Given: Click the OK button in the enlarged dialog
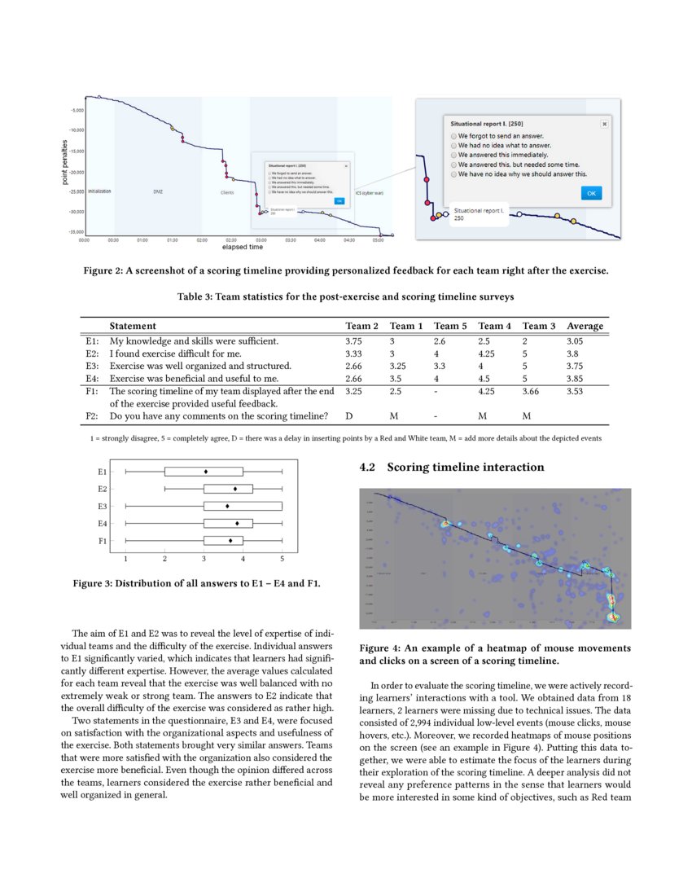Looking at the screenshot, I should point(591,193).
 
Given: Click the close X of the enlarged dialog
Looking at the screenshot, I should point(604,124).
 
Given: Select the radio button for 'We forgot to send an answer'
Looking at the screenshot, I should point(453,135).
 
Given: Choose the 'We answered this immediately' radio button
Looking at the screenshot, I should point(453,155).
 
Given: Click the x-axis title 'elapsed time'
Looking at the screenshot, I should point(239,248).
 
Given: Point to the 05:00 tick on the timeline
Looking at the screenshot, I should point(379,241).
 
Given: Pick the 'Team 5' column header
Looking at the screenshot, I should point(450,326).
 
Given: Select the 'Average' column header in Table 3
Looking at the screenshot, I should point(585,326).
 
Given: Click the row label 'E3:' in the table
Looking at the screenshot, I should point(92,367).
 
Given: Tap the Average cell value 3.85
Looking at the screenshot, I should point(576,379).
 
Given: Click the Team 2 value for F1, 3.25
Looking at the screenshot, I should point(354,392).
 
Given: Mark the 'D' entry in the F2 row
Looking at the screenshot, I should point(349,417).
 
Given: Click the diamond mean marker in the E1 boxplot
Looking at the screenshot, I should point(205,472).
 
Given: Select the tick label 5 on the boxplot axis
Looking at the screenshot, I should point(282,560).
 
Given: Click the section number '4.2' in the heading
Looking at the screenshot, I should point(368,468).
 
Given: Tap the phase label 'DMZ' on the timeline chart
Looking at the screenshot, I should point(158,191).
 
